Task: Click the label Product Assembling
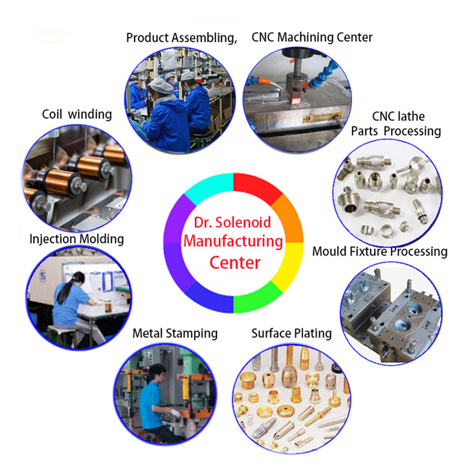(x=181, y=38)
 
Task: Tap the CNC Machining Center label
(x=312, y=37)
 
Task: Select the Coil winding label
(x=77, y=114)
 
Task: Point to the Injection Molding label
(x=76, y=239)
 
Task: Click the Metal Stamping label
(x=175, y=333)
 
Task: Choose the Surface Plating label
(x=291, y=333)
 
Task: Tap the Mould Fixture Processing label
(x=380, y=251)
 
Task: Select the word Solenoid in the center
(x=247, y=224)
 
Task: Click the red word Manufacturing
(x=233, y=242)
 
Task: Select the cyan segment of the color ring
(x=209, y=187)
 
